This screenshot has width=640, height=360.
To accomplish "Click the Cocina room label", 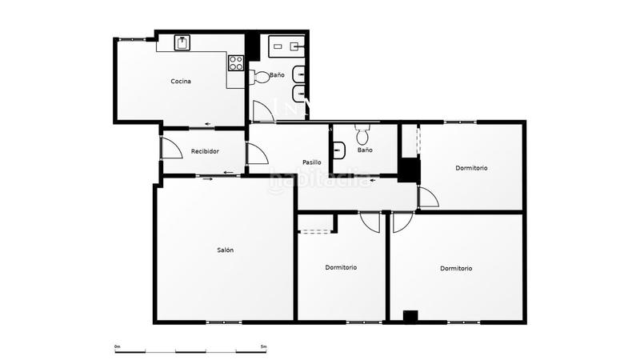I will [x=181, y=82].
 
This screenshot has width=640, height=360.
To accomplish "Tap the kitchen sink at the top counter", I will [x=182, y=42].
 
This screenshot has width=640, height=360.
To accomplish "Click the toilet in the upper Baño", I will [x=259, y=76].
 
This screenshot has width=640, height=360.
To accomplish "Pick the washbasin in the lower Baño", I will [x=339, y=149].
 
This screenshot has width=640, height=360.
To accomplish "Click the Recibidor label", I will [x=205, y=151].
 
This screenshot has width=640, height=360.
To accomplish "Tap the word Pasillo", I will [x=312, y=162].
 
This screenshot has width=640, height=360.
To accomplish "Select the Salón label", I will [x=226, y=250].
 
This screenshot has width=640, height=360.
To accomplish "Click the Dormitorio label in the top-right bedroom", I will [x=471, y=168].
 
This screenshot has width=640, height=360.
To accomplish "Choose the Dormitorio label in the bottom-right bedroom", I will [x=456, y=269].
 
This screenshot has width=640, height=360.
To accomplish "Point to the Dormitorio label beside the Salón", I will [x=341, y=267].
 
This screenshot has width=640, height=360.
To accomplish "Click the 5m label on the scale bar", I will [x=263, y=346].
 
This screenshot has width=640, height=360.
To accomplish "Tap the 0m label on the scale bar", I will [x=117, y=346].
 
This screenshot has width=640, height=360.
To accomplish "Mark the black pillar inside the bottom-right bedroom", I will [x=410, y=316].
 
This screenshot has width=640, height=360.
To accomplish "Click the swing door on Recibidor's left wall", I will [x=170, y=148].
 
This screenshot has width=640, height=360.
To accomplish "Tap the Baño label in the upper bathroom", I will [x=277, y=75].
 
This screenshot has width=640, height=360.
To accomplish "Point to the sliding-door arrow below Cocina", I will [x=208, y=124].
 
